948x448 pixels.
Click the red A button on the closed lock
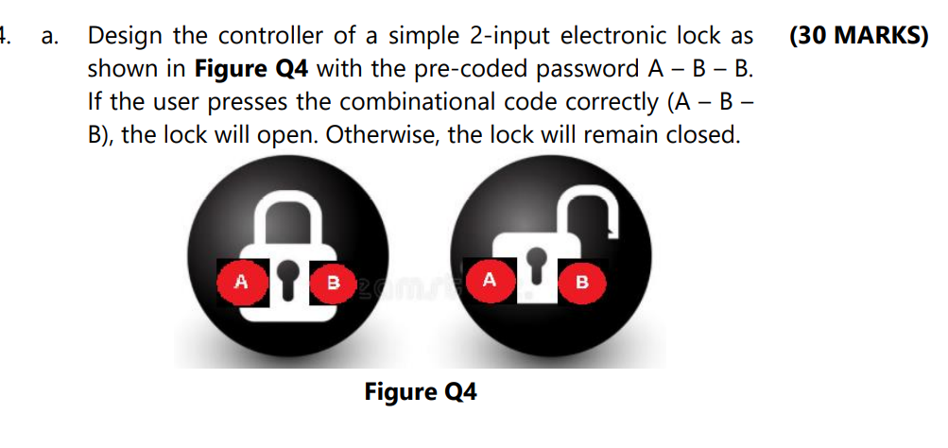click(x=241, y=280)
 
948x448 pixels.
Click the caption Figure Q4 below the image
click(x=421, y=391)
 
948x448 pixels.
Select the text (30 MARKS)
click(x=857, y=36)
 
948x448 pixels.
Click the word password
click(x=595, y=68)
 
